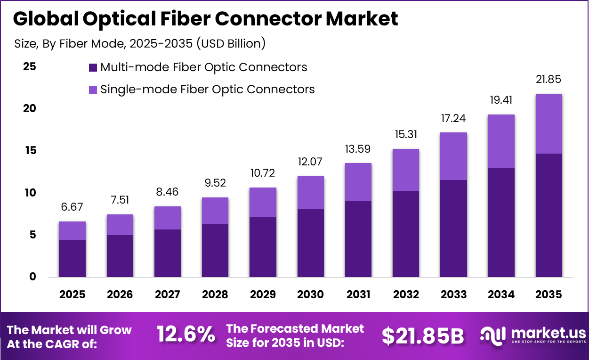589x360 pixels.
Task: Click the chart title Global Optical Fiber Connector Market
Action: (205, 19)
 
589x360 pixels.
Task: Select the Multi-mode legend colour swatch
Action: (93, 67)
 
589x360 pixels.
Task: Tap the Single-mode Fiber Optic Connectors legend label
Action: (208, 89)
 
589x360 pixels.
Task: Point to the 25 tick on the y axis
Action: (30, 66)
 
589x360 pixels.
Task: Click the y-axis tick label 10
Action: (30, 193)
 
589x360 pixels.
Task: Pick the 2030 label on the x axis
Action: (310, 295)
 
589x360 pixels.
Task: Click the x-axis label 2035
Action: (549, 295)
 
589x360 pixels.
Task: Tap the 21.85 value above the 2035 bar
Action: (549, 80)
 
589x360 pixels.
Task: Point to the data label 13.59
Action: (357, 149)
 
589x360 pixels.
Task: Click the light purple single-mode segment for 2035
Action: (549, 123)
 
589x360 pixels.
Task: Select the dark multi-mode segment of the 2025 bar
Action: (72, 258)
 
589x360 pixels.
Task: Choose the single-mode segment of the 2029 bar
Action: (263, 202)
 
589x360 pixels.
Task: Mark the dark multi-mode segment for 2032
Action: (406, 234)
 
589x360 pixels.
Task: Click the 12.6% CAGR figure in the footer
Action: (186, 335)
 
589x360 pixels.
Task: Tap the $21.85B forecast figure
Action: (422, 335)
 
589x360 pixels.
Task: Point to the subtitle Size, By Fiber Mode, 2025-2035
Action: (140, 44)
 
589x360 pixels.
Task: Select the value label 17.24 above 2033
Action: (453, 119)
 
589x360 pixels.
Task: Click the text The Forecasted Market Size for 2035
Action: (295, 335)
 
